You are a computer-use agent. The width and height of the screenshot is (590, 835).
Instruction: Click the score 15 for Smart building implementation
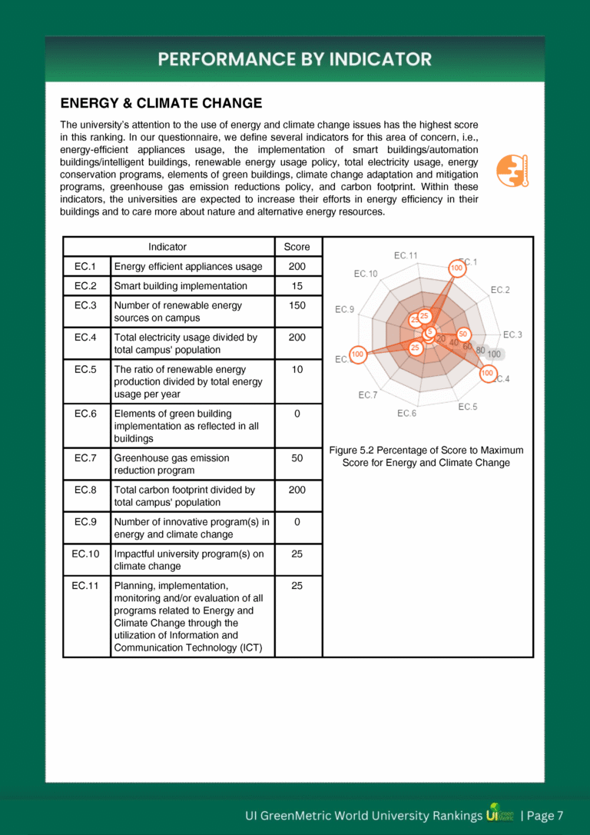297,286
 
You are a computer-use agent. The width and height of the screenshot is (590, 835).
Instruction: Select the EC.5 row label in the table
85,369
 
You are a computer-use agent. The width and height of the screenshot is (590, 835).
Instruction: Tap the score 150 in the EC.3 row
297,305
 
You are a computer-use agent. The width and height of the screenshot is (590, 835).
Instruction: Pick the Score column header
297,247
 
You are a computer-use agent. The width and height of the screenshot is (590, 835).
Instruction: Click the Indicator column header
167,247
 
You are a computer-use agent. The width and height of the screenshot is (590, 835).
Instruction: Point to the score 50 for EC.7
297,457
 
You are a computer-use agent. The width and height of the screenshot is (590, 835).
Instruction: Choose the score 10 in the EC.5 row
297,369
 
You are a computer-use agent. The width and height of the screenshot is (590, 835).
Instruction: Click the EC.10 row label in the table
85,554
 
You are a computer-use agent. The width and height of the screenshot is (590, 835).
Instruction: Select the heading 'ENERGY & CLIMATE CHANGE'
161,103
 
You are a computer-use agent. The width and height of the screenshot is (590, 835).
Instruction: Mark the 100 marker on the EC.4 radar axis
487,373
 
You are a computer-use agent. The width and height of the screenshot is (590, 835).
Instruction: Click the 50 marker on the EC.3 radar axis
463,334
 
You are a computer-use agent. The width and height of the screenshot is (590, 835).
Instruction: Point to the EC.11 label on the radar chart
406,255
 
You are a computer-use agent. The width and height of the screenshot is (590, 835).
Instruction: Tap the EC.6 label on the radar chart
407,414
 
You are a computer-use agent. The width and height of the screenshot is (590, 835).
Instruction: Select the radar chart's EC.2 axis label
500,290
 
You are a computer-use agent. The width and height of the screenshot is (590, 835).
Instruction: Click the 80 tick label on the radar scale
480,351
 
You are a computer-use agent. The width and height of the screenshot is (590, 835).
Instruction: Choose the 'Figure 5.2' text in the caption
350,450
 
